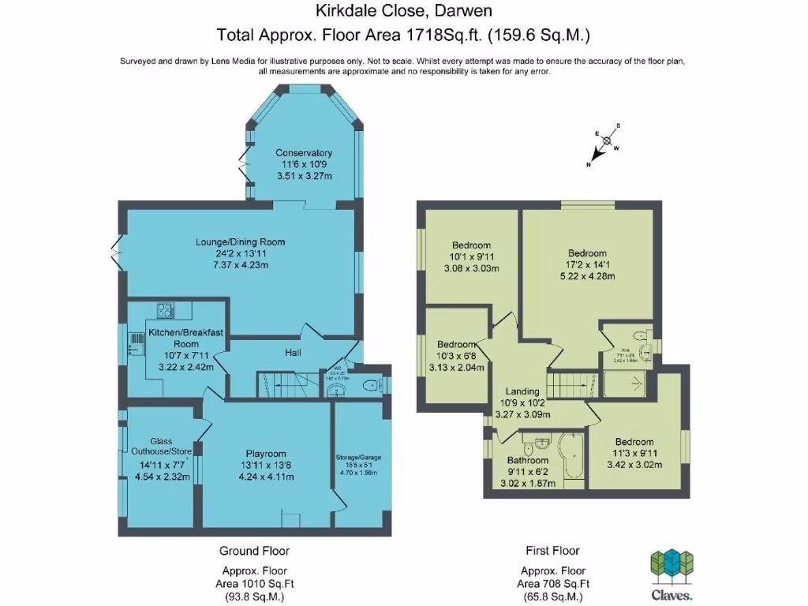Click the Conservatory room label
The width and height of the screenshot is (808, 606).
tap(303, 153)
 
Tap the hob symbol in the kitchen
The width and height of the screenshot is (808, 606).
tap(164, 310)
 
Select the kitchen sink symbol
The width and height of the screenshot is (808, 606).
tap(132, 344)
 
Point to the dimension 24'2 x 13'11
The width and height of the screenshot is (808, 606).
tap(241, 253)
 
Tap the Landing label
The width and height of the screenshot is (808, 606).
tap(522, 391)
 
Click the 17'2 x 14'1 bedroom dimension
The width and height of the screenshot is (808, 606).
tap(588, 265)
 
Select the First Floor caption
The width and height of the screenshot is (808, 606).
tap(552, 551)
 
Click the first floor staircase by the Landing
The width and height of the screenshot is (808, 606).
tap(569, 386)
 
